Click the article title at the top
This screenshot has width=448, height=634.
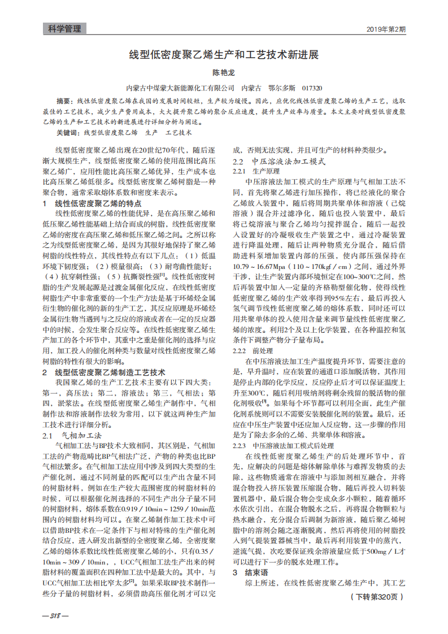point(224,55)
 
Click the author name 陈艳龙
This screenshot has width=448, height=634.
point(223,73)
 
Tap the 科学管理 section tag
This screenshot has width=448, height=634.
point(64,29)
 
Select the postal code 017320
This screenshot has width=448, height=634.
point(312,88)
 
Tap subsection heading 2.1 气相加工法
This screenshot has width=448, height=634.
point(72,436)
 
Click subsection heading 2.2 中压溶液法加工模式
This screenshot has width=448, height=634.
point(280,161)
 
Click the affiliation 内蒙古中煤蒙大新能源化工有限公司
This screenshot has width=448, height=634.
point(179,88)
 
